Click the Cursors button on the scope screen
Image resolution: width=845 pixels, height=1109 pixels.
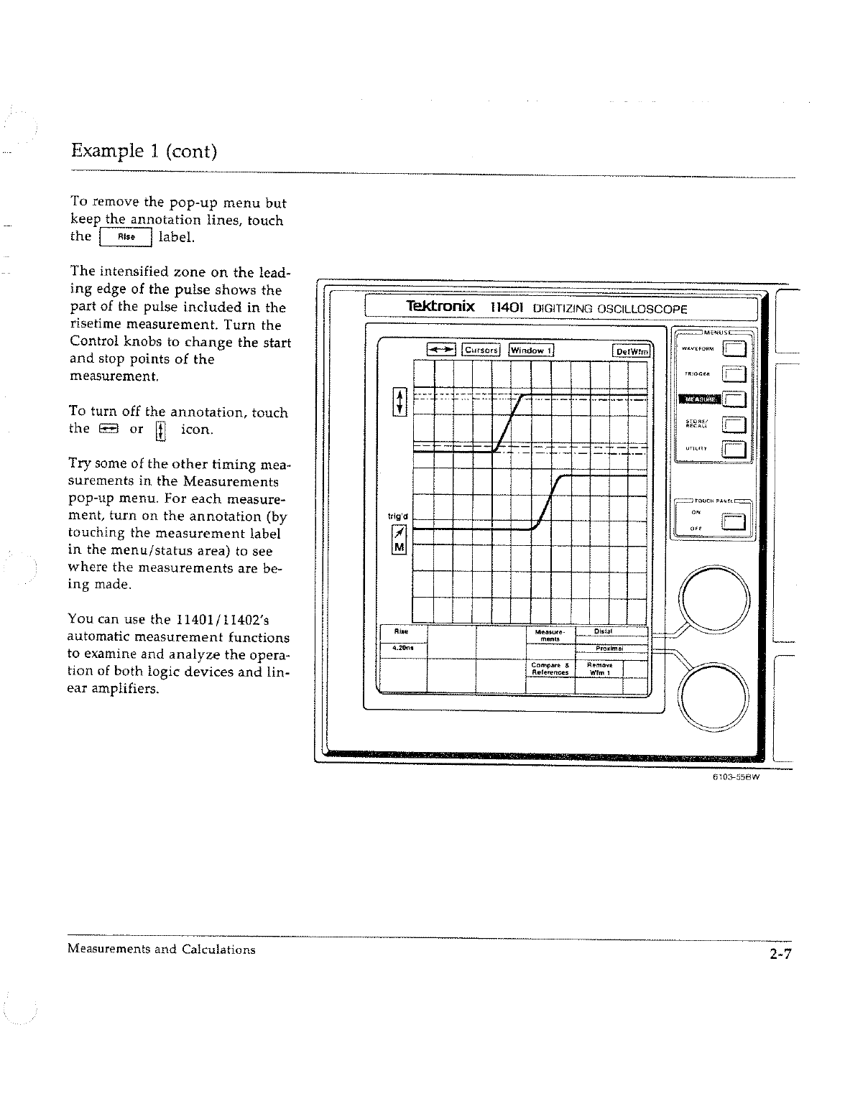click(481, 351)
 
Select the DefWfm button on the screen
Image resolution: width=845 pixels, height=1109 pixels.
click(632, 351)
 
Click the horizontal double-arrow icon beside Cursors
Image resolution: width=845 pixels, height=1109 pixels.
click(441, 351)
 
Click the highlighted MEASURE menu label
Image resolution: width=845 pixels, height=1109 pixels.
click(696, 399)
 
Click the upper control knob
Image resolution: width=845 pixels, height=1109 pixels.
click(716, 598)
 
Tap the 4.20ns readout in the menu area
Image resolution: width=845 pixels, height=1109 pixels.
click(402, 648)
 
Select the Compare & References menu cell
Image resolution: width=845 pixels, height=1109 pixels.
click(550, 669)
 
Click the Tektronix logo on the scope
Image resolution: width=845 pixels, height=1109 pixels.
click(440, 307)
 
